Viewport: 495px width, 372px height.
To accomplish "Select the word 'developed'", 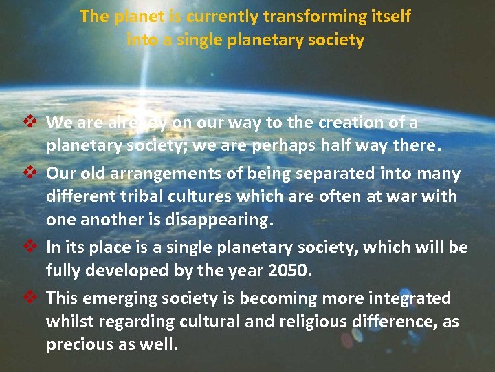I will [x=135, y=271].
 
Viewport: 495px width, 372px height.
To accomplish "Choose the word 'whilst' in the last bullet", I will [x=68, y=322].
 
